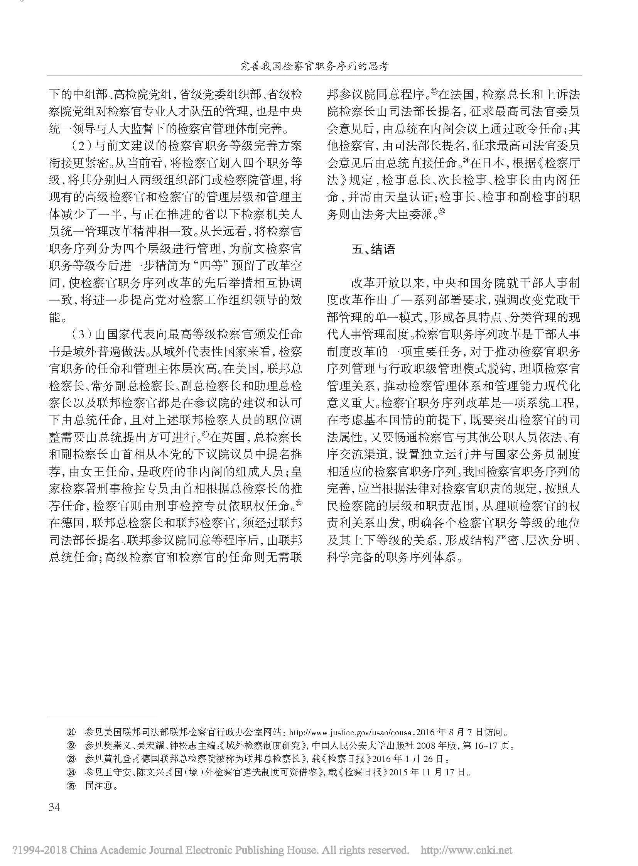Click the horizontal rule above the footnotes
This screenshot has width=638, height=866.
pos(103,715)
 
